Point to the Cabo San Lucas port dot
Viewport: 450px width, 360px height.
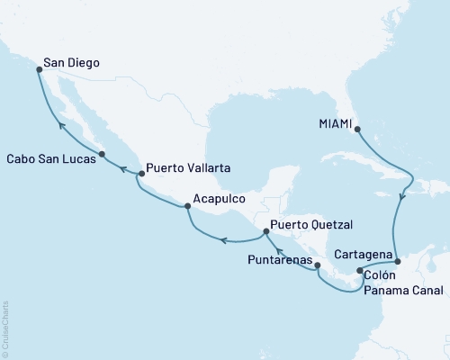pos(102,154)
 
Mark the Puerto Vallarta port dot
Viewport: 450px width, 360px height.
pos(139,173)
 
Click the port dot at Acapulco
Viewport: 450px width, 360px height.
pos(187,207)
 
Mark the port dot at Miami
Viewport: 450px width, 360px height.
pos(358,129)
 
